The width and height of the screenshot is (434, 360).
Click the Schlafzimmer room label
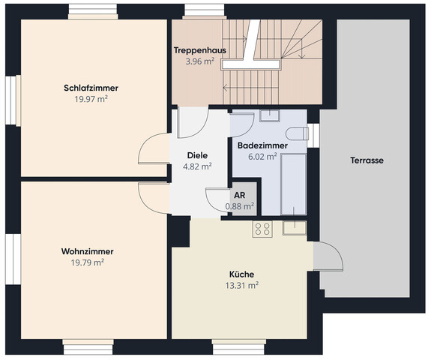[91, 88]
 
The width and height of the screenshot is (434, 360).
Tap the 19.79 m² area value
[87, 262]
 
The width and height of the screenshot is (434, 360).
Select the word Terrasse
[367, 160]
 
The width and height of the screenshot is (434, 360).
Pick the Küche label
[241, 274]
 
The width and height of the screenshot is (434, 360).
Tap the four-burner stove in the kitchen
[262, 229]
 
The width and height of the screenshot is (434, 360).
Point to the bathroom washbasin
[268, 115]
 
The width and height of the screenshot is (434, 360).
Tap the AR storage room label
[240, 194]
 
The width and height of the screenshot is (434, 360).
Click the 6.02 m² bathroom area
[257, 156]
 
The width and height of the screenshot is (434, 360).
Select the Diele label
[198, 156]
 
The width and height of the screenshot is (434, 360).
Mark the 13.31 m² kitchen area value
[241, 285]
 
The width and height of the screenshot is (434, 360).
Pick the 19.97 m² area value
[91, 98]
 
